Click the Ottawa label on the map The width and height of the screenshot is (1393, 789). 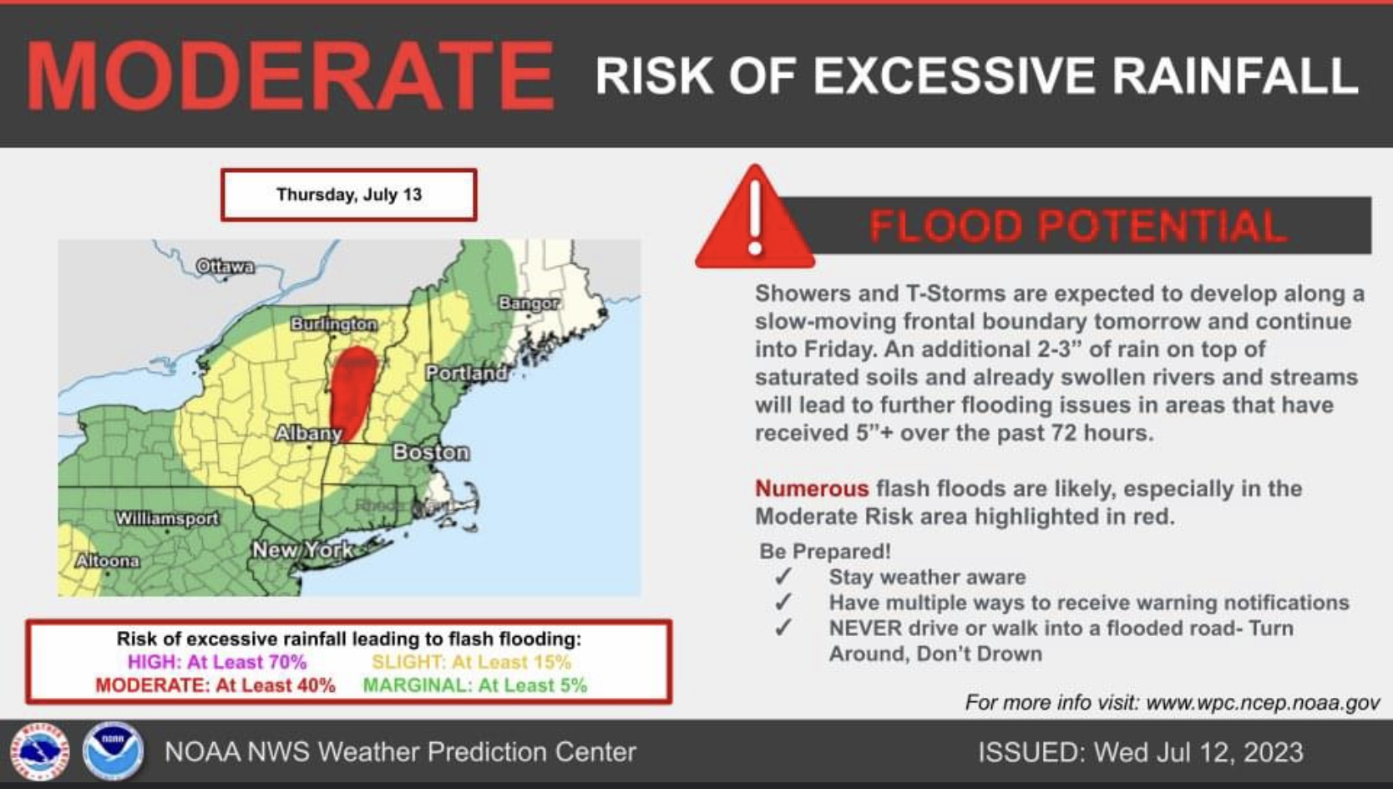click(225, 267)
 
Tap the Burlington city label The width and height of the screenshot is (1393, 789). click(334, 324)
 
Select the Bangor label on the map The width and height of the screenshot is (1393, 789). click(529, 303)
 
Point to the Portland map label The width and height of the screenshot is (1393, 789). click(467, 373)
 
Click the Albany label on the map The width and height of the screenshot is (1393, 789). click(308, 433)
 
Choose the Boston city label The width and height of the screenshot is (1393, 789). click(431, 452)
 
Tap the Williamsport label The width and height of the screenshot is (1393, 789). click(167, 518)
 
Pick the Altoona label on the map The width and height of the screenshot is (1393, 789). click(108, 561)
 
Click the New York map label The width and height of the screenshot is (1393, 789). click(303, 550)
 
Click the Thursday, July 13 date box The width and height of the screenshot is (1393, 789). click(349, 195)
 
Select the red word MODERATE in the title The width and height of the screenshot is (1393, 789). click(290, 76)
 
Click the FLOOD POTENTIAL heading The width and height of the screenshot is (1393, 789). click(1078, 226)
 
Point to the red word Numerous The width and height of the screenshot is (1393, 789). click(812, 488)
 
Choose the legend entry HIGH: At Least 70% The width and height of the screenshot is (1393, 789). click(217, 661)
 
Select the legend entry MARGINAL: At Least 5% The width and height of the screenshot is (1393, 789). click(475, 685)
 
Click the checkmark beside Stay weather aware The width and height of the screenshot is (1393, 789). click(783, 577)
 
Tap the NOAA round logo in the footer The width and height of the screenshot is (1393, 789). click(114, 751)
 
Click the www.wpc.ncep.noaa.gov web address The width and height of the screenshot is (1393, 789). click(1263, 703)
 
